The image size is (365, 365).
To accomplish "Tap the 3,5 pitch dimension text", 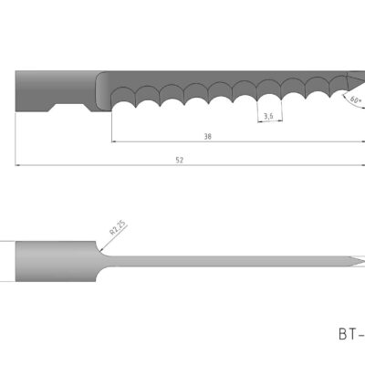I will (x=268, y=116).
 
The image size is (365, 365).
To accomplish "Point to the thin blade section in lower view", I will (x=228, y=262).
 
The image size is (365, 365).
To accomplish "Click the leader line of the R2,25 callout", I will (x=102, y=237).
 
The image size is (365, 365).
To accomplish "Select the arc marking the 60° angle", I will (x=347, y=94).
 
